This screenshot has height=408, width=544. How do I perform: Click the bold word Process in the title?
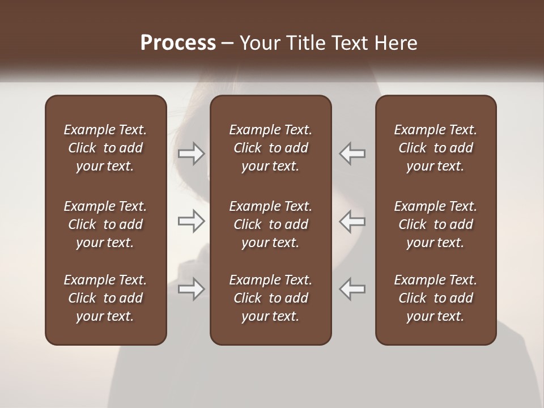tap(178, 43)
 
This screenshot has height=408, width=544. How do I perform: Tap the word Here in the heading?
tap(395, 43)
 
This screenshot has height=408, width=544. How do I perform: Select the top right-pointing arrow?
tap(191, 154)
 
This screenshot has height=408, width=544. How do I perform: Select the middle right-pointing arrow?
tap(191, 221)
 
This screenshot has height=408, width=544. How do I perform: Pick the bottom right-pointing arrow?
tap(191, 289)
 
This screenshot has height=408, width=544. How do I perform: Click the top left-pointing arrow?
tap(352, 154)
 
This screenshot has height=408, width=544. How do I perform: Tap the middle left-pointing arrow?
tap(352, 221)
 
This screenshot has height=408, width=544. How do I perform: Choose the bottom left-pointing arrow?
tap(352, 289)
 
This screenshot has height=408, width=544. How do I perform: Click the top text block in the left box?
tap(105, 148)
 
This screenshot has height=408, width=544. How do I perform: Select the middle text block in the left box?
tap(105, 224)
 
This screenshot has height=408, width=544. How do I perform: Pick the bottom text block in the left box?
tap(105, 298)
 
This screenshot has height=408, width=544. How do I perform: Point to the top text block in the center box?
tap(271, 148)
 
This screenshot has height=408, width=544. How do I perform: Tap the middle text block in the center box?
tap(271, 224)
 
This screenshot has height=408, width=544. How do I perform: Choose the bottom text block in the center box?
tap(271, 298)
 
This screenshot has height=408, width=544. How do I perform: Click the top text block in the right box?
tap(436, 148)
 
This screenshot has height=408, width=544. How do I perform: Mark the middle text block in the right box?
tap(436, 224)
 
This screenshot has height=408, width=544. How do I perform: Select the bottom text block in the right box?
tap(436, 298)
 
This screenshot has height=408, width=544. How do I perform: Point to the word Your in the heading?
tap(258, 43)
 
